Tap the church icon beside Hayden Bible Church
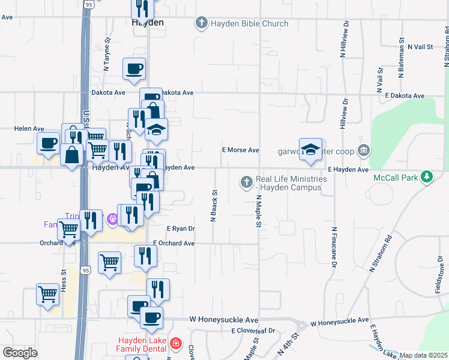point(201,24)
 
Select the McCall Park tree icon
point(426,176)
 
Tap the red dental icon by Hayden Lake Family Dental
point(175,344)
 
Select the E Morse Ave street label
point(240,150)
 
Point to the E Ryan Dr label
point(181,229)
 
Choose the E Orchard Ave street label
point(174,243)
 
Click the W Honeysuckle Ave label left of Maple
point(223,320)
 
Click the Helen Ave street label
point(30,128)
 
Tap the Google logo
point(20,352)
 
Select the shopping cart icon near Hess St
point(47,294)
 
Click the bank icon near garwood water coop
point(363,150)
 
